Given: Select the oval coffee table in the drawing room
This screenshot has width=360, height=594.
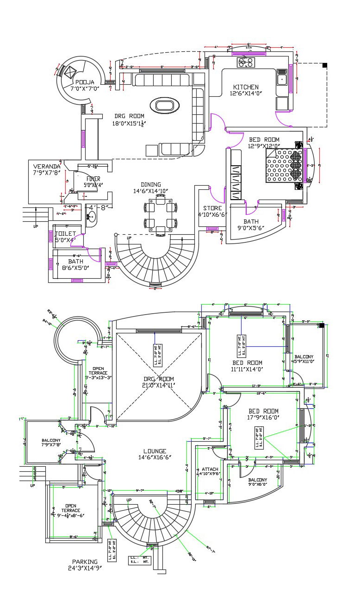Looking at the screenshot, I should point(165,105).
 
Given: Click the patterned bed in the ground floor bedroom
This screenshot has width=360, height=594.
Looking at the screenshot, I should point(283,166).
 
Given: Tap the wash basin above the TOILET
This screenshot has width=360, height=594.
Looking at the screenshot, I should point(91,218).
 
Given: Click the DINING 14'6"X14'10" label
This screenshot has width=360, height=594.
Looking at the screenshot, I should point(150,188).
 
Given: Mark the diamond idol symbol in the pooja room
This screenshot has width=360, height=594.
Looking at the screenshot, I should point(70,72).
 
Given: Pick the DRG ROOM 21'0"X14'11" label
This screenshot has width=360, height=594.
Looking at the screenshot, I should point(158,381).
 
